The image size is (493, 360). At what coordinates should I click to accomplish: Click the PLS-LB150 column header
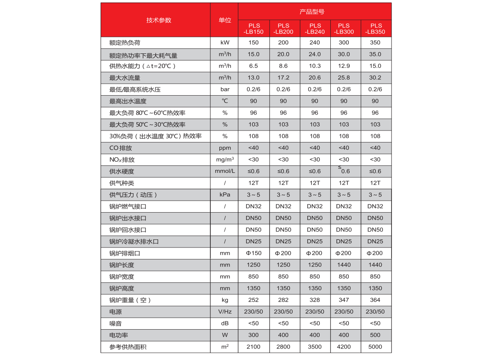(253, 28)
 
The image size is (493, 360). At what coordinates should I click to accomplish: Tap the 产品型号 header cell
(314, 11)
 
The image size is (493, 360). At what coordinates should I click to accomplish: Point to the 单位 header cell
(225, 20)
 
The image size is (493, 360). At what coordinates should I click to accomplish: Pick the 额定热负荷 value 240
(315, 43)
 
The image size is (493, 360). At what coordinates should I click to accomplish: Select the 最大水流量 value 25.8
(344, 78)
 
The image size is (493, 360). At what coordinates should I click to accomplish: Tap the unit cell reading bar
(225, 89)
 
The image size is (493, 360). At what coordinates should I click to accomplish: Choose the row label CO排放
(120, 148)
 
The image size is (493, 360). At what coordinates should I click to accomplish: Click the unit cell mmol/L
(225, 171)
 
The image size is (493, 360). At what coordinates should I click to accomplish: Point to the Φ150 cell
(253, 253)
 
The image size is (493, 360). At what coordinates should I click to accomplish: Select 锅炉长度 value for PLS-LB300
(344, 265)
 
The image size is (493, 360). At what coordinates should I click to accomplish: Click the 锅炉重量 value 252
(253, 300)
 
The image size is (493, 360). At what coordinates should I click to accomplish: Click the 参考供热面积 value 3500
(315, 347)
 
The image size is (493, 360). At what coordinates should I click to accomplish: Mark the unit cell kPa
(225, 195)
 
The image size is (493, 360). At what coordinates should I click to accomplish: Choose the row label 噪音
(115, 323)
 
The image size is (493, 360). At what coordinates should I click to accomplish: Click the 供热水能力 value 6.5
(253, 66)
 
